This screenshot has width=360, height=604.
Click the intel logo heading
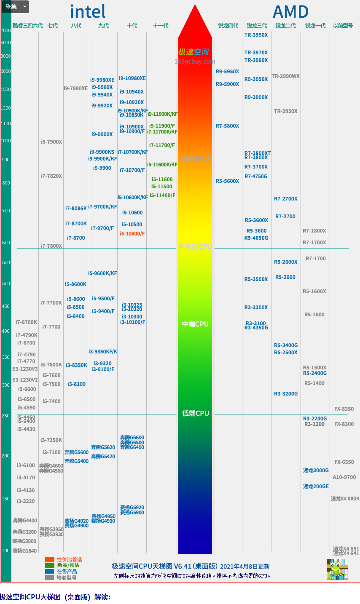pyautogui.click(x=88, y=12)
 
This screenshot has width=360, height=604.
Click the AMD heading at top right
pyautogui.click(x=291, y=12)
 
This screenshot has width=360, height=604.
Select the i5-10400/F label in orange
pyautogui.click(x=132, y=234)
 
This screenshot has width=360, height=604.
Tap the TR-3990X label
pyautogui.click(x=256, y=35)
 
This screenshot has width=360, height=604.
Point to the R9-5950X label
pyautogui.click(x=227, y=72)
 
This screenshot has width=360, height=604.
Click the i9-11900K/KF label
pyautogui.click(x=163, y=114)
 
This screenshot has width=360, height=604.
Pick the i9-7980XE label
pyautogui.click(x=75, y=88)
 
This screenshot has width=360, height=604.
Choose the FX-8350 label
pyautogui.click(x=344, y=409)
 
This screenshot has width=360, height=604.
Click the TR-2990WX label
pyautogui.click(x=285, y=76)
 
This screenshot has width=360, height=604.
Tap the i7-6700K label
pyautogui.click(x=26, y=322)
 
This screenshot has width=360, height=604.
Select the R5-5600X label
pyautogui.click(x=227, y=181)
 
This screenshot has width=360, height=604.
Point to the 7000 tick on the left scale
pyautogui.click(x=6, y=31)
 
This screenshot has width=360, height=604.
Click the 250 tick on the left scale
pyautogui.click(x=6, y=416)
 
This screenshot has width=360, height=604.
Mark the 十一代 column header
pyautogui.click(x=161, y=26)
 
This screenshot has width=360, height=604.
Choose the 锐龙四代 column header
pyautogui.click(x=228, y=26)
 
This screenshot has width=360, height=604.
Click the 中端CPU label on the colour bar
pyautogui.click(x=195, y=324)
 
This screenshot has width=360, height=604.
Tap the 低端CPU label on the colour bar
pyautogui.click(x=195, y=413)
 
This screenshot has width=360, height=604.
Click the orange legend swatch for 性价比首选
pyautogui.click(x=50, y=560)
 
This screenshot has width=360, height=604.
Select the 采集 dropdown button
pyautogui.click(x=15, y=7)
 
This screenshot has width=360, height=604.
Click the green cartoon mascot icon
pyautogui.click(x=337, y=569)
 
